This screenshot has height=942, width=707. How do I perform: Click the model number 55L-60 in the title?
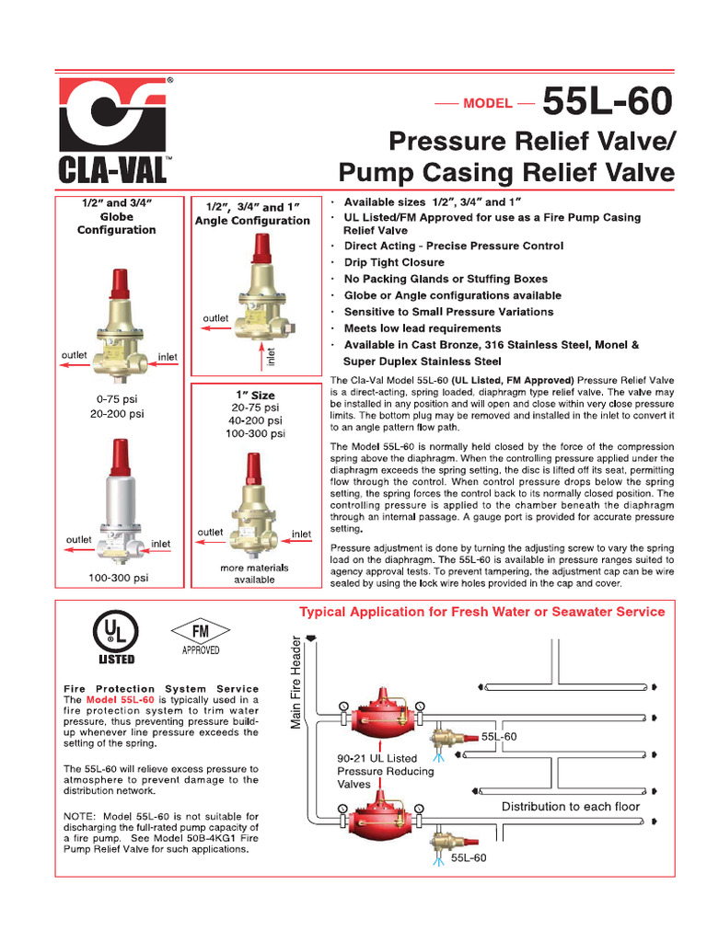point(608,102)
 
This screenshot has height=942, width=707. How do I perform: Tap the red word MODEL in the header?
point(487,103)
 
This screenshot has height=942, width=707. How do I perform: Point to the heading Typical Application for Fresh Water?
point(481,612)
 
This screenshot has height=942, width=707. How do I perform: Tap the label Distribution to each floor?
point(570,807)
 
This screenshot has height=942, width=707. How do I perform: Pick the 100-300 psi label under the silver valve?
point(118,578)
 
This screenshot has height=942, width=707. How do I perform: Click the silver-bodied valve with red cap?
point(118,506)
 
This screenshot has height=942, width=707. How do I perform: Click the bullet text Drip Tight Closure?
point(394,262)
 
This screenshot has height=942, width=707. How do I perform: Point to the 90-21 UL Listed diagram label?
point(377,758)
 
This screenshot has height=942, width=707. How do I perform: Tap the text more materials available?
point(254,573)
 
